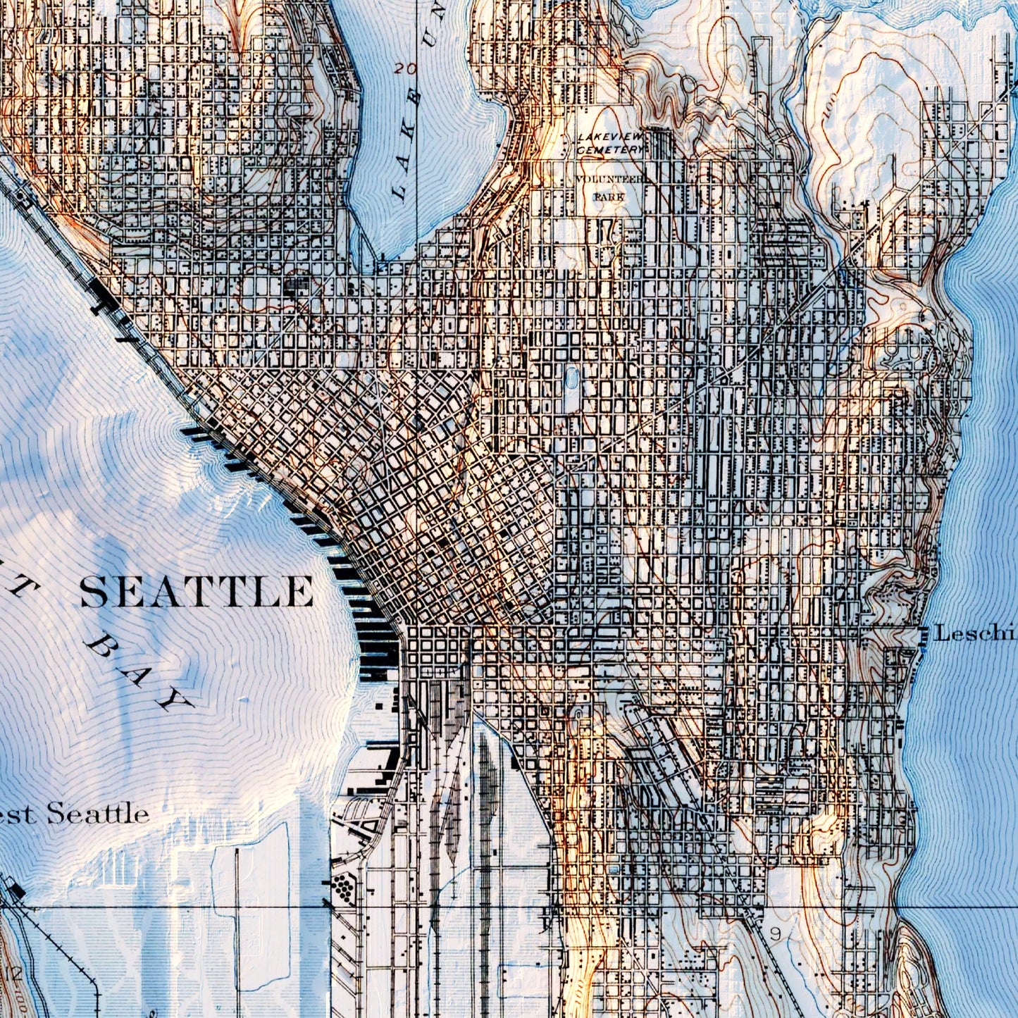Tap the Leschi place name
point(975,633)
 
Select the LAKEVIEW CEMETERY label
point(610,143)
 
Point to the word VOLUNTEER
point(610,180)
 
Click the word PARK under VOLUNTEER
point(609,197)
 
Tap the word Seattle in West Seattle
point(98,814)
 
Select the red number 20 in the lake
point(405,68)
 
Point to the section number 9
point(776,934)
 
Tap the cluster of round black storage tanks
point(343,886)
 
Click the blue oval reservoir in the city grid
point(571,379)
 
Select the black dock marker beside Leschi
point(924,634)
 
